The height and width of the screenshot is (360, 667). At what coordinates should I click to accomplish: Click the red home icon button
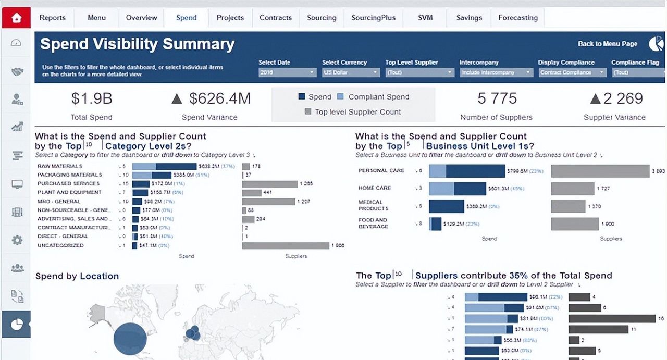pos(16,18)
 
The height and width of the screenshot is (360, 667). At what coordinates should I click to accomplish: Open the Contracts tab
pos(275,18)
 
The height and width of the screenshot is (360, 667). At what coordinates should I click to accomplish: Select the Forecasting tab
pos(517,18)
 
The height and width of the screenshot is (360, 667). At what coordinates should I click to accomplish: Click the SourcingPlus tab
pos(373,18)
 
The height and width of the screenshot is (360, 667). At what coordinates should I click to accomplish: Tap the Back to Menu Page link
pos(608,44)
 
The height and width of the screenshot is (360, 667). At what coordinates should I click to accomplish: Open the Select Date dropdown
pos(287,72)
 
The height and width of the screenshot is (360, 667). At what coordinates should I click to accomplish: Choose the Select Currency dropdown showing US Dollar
pos(344,72)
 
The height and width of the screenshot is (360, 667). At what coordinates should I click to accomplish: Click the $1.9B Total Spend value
pos(92,98)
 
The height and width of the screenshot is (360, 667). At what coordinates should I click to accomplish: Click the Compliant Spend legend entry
pos(378,97)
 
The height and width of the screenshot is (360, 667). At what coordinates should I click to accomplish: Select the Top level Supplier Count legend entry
pos(357,112)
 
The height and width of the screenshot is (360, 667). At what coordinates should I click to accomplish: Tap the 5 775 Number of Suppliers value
pos(497,98)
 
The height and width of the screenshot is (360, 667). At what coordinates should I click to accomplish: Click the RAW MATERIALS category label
pos(59,166)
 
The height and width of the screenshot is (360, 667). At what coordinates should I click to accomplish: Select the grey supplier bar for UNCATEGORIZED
pos(286,245)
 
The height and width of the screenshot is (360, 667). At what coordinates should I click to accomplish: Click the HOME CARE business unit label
pos(374,188)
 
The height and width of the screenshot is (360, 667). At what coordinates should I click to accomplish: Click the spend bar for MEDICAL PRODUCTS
pos(447,206)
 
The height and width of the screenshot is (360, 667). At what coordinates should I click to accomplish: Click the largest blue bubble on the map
pos(130,339)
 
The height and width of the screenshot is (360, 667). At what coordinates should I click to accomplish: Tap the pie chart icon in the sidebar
pos(16,325)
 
